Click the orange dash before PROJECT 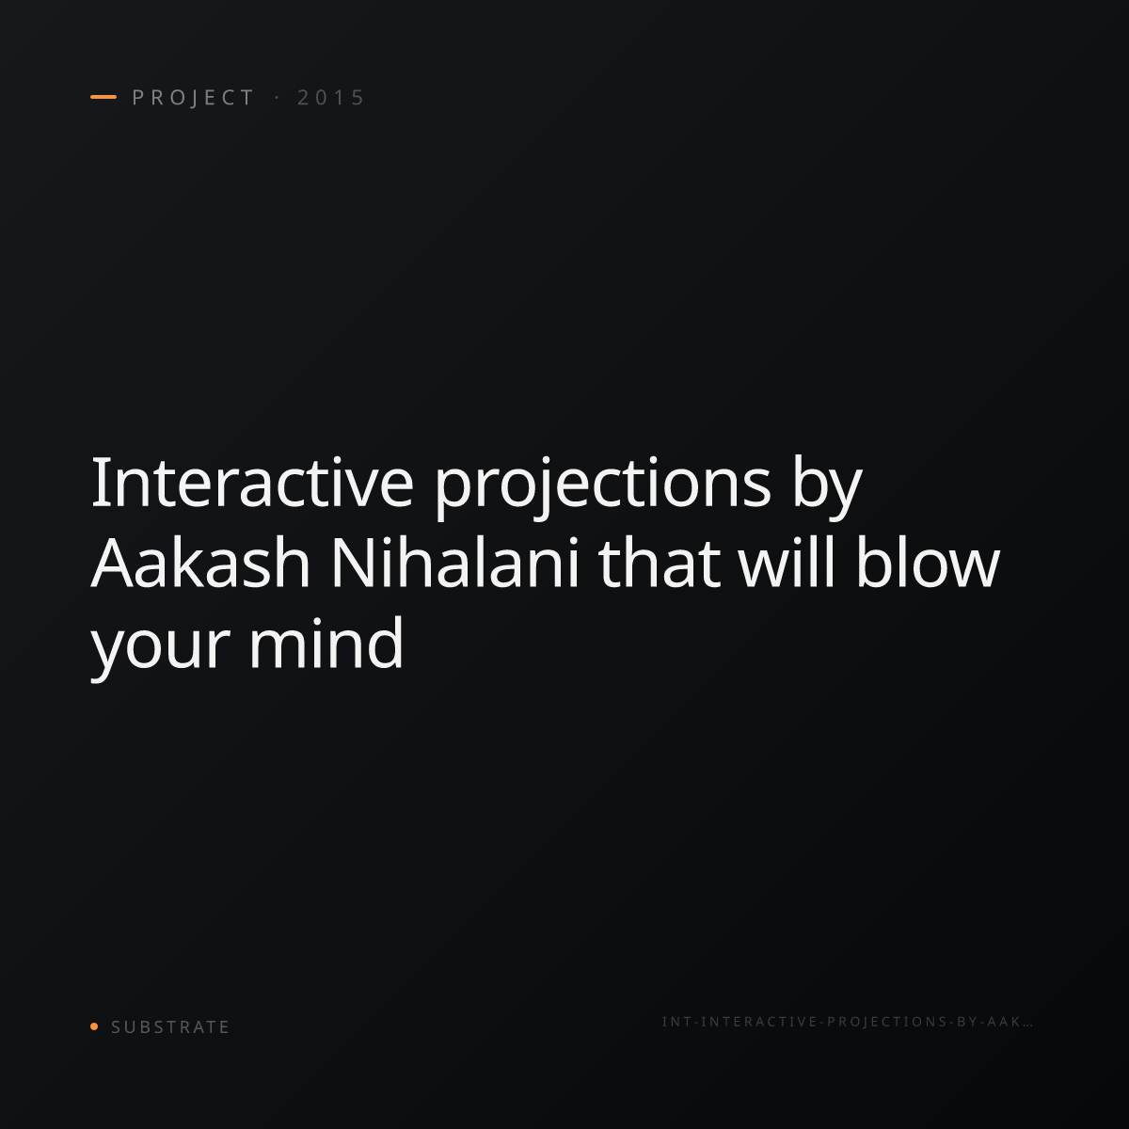click(103, 97)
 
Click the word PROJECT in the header click(194, 97)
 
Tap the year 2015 click(331, 97)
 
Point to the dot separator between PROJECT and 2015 click(277, 97)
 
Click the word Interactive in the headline click(252, 482)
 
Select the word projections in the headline click(602, 487)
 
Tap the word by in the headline click(827, 487)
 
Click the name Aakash click(200, 562)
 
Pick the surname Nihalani click(455, 562)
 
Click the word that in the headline click(659, 562)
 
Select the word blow click(928, 562)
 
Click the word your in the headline click(159, 648)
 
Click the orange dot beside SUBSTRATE click(94, 1026)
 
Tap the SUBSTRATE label click(170, 1026)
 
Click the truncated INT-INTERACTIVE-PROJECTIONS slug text click(847, 1022)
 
